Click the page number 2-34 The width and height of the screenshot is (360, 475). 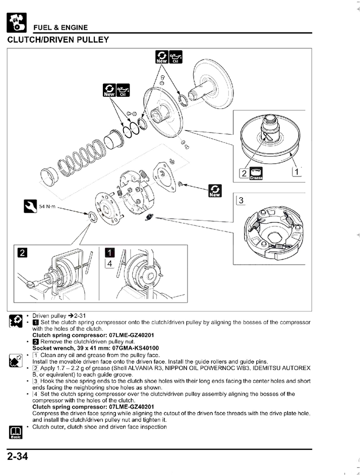click(x=17, y=457)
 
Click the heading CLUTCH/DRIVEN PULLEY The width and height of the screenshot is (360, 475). click(x=58, y=39)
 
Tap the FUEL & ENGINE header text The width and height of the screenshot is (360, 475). click(x=61, y=28)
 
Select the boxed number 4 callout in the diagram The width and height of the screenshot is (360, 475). click(x=109, y=263)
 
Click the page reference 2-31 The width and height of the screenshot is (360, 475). click(x=70, y=316)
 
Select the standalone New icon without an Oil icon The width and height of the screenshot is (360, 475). click(x=214, y=191)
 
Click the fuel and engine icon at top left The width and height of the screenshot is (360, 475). click(x=16, y=21)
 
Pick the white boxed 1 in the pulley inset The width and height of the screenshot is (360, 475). click(x=297, y=173)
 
